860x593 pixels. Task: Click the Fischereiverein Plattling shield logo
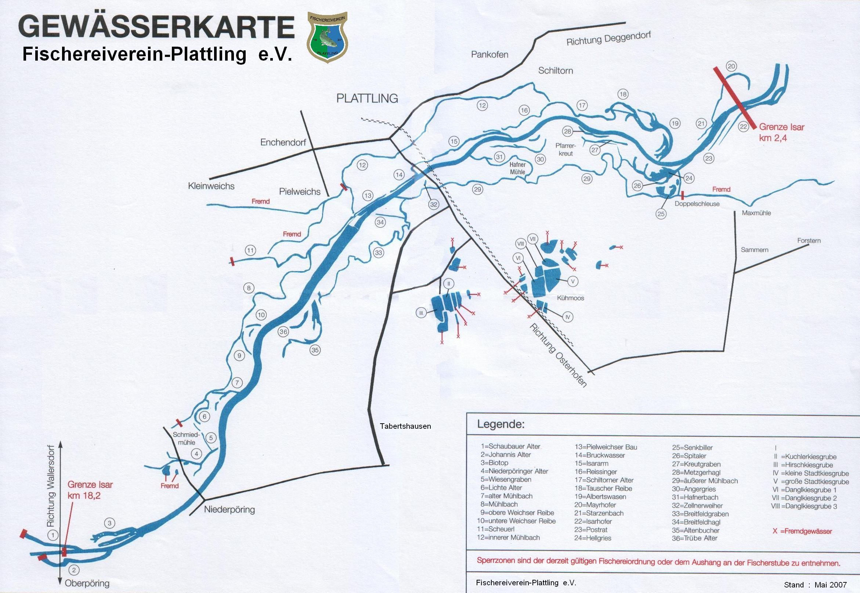[x=327, y=37]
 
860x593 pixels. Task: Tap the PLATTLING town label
[x=367, y=98]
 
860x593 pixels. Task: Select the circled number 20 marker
[x=731, y=67]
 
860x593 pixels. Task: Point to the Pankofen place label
[x=489, y=55]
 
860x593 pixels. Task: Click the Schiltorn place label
[x=556, y=71]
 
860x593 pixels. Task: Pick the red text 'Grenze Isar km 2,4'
[x=781, y=132]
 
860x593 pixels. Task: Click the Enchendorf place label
[x=283, y=142]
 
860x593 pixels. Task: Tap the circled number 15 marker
[x=454, y=141]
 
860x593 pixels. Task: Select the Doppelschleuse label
[x=697, y=204]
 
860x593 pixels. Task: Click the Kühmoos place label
[x=570, y=298]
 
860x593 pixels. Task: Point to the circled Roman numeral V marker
[x=572, y=281]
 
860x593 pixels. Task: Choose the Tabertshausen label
[x=405, y=426]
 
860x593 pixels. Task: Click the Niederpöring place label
[x=230, y=509]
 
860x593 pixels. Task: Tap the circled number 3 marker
[x=109, y=523]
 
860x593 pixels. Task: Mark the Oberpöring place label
[x=87, y=583]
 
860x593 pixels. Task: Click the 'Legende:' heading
[x=501, y=424]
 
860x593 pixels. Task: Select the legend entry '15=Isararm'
[x=591, y=463]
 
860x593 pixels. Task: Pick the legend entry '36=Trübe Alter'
[x=694, y=538]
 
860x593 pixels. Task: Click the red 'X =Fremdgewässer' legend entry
[x=802, y=531]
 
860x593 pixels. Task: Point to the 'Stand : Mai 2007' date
[x=815, y=585]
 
